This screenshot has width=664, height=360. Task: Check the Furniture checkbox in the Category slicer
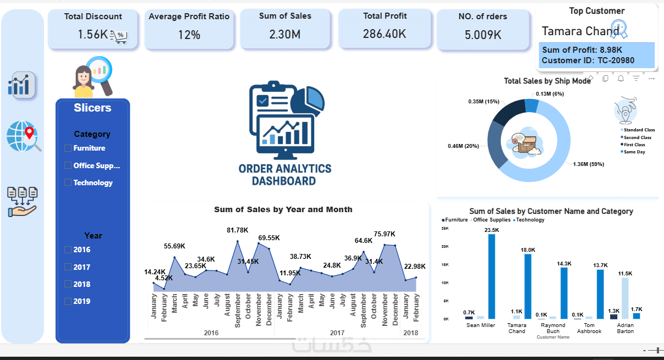pos(68,148)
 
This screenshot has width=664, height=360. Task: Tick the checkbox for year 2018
pos(68,284)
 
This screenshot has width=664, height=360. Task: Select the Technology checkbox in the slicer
pos(68,182)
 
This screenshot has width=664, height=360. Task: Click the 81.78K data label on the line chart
pos(237,230)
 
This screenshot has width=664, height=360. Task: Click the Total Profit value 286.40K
pos(384,34)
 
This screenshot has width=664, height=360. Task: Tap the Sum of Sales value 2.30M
pos(284,35)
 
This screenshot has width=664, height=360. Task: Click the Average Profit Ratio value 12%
pos(189,35)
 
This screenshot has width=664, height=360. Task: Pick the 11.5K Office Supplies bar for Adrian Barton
pos(625,298)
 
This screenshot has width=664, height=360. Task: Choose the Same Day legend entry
pos(634,152)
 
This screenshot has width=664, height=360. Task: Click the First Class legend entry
pos(634,145)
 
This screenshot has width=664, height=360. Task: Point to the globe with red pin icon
pos(24,136)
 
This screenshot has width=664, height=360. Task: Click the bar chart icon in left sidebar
pos(21,85)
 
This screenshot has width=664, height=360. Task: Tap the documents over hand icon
pos(22,201)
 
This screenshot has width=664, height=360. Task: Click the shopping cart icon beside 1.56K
pos(119,37)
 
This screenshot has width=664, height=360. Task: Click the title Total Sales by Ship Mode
pos(547,81)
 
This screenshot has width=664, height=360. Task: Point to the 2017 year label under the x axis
pos(337,333)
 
